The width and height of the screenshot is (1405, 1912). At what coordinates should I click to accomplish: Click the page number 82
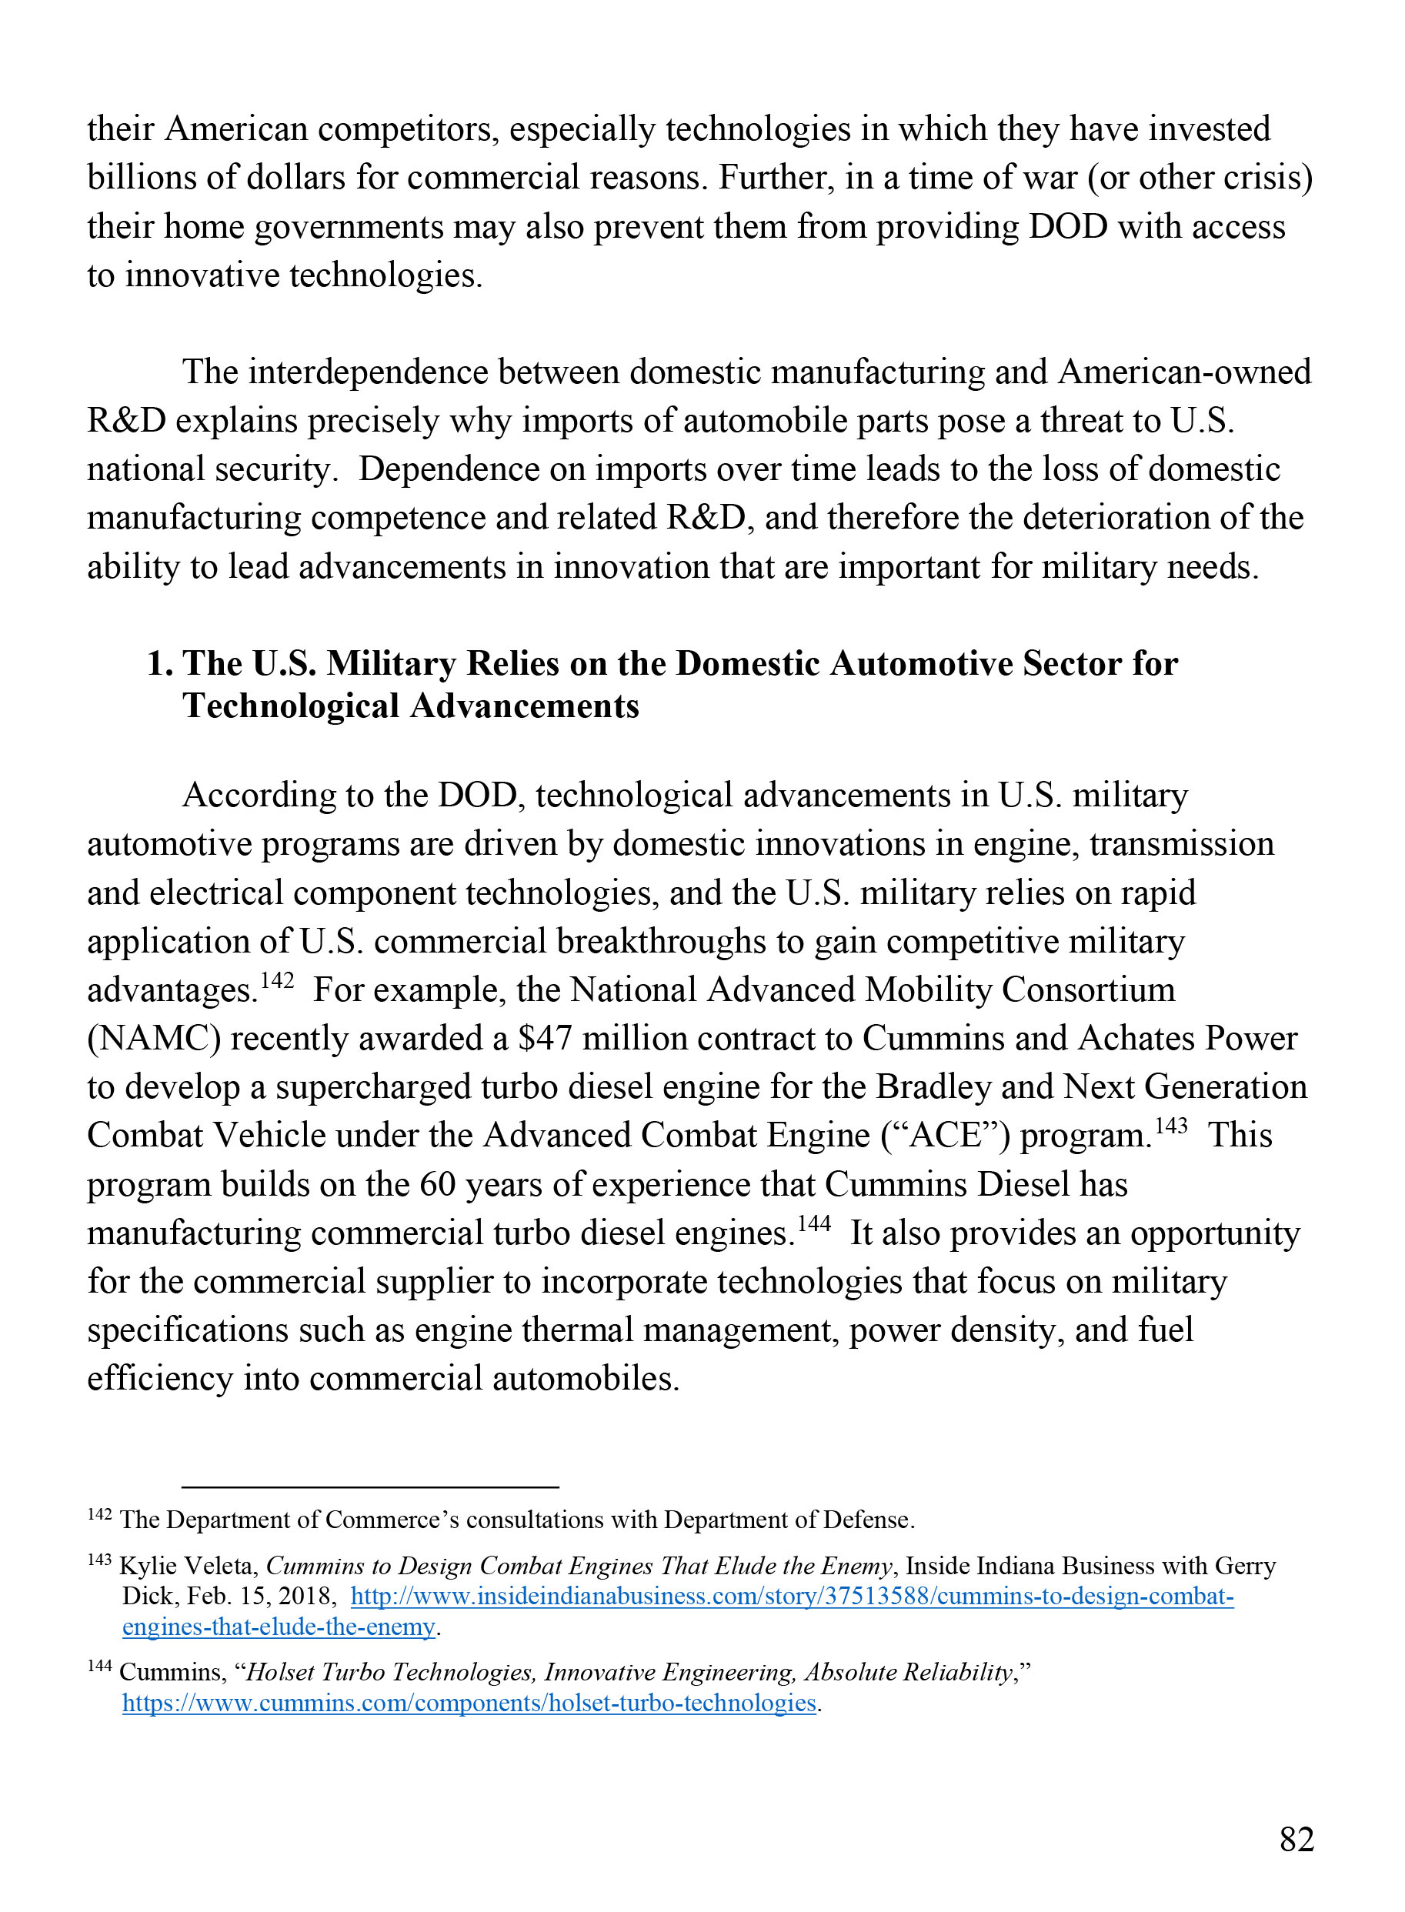(1297, 1839)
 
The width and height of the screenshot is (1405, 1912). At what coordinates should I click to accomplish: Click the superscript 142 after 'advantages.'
(277, 981)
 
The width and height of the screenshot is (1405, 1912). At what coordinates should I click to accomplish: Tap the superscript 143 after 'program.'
(1170, 1126)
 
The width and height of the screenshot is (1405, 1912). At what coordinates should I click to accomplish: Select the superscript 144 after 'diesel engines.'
(814, 1224)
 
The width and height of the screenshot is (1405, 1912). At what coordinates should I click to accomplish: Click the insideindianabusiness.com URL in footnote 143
(792, 1597)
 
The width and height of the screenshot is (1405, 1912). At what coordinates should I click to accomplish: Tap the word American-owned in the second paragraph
(1184, 372)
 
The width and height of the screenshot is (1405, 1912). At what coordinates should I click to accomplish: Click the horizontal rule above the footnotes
(370, 1487)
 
